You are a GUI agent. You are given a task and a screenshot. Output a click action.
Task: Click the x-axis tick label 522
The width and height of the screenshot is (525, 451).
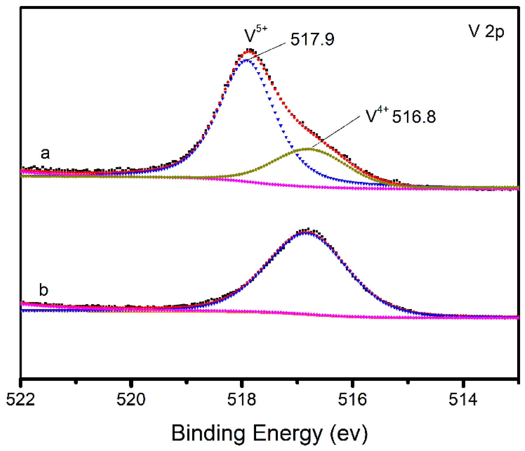click(x=21, y=400)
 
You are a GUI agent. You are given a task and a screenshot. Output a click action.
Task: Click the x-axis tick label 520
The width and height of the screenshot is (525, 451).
click(x=131, y=400)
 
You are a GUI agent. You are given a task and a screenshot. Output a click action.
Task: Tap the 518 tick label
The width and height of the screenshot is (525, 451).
click(x=242, y=400)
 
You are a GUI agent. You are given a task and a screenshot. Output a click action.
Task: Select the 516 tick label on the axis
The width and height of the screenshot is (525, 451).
click(x=352, y=400)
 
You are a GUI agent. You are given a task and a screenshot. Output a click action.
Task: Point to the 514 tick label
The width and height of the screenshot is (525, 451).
click(x=463, y=400)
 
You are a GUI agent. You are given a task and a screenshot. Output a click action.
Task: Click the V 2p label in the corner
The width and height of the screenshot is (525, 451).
click(x=486, y=31)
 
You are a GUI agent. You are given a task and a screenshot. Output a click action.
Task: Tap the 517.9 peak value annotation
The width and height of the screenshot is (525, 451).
click(x=312, y=39)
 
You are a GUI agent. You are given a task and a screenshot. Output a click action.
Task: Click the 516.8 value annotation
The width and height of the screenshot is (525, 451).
click(x=414, y=117)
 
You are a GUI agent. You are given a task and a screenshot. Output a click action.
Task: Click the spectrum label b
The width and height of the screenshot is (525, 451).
click(x=44, y=290)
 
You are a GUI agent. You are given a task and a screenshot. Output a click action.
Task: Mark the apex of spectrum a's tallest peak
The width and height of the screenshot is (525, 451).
click(x=249, y=50)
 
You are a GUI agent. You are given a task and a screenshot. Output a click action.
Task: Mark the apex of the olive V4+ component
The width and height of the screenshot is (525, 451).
click(x=309, y=149)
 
